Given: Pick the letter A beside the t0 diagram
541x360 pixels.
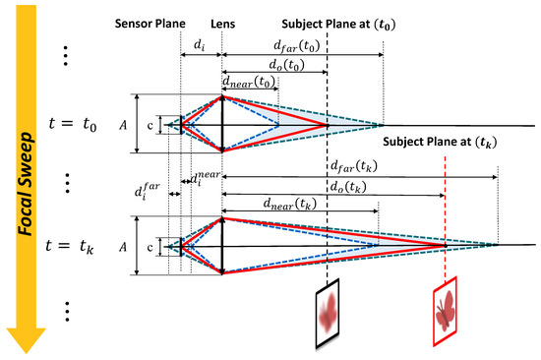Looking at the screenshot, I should tap(121, 125).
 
